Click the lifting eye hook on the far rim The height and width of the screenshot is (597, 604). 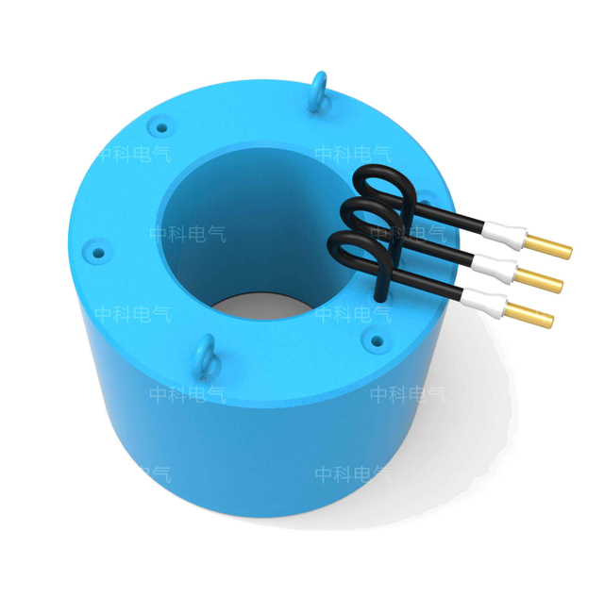pyautogui.click(x=320, y=89)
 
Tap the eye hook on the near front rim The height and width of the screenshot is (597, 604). pyautogui.click(x=204, y=357)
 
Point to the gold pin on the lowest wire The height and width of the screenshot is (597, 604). pyautogui.click(x=530, y=314)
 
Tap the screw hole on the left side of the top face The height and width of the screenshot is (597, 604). pyautogui.click(x=94, y=252)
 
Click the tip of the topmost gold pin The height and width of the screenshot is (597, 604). pyautogui.click(x=568, y=252)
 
